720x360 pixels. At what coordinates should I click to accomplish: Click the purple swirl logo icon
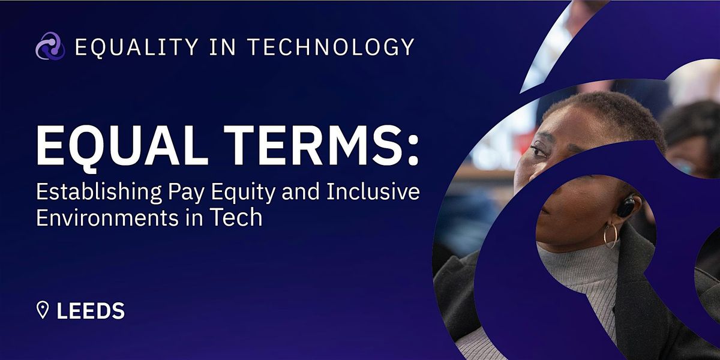click(x=50, y=46)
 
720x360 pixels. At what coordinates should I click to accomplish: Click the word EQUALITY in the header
click(x=137, y=47)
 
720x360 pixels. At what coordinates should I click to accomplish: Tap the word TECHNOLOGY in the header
click(x=331, y=47)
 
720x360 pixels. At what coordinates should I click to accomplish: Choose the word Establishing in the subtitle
click(x=99, y=193)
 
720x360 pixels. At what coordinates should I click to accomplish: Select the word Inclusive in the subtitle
click(x=373, y=191)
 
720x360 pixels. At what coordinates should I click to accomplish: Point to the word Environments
click(x=107, y=218)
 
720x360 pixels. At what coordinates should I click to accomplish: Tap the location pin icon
click(x=43, y=310)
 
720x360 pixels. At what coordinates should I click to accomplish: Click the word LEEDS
click(x=91, y=311)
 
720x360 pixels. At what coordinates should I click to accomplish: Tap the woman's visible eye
click(x=538, y=151)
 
